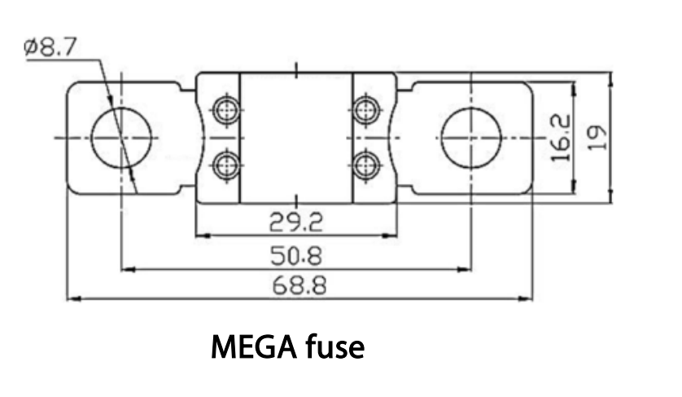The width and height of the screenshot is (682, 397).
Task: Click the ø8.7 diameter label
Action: coord(51,48)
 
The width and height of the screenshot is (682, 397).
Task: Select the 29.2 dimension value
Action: coord(297,220)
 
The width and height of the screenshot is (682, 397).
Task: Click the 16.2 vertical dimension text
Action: coord(561,137)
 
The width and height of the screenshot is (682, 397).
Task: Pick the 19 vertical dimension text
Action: coord(599,137)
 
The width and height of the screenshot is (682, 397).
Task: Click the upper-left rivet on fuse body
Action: coord(224,109)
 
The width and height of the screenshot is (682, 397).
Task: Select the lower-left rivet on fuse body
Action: coord(224,165)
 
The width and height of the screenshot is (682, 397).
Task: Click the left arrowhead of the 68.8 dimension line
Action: coord(71,298)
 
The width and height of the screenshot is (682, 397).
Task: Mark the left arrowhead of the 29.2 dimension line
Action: coord(201,236)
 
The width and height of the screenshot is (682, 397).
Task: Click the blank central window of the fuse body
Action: coord(297,137)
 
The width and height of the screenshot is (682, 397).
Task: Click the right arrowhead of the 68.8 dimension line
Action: coord(528,298)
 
